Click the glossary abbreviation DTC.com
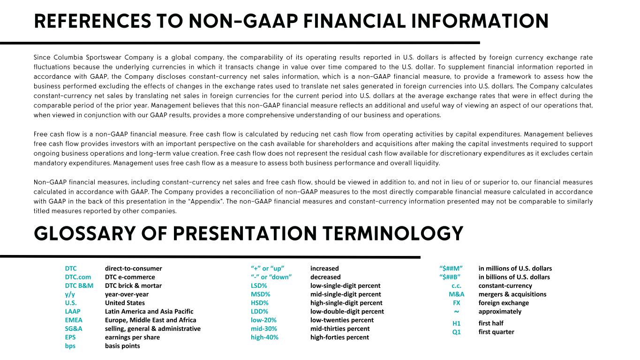point(78,277)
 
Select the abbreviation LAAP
point(73,311)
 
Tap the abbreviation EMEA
point(74,320)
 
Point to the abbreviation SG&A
point(74,329)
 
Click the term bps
point(70,346)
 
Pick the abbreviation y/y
point(70,294)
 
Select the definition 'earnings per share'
point(132,337)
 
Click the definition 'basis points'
point(122,346)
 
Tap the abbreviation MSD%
point(260,294)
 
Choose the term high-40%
point(264,337)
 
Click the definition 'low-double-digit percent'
point(347,311)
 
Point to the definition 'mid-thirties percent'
point(340,329)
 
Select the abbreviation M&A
point(456,294)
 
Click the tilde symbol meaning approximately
point(456,311)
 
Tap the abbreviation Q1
point(457,332)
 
